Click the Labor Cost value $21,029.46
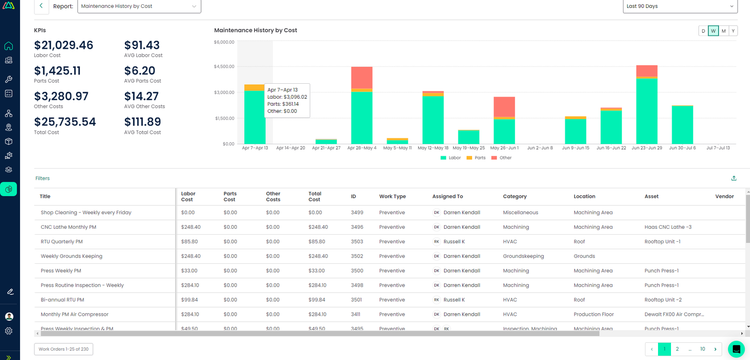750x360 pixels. [64, 45]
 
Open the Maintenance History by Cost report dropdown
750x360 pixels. [139, 6]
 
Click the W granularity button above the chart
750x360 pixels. [713, 31]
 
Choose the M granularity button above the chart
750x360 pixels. [723, 31]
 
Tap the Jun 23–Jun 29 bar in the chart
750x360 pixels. [647, 110]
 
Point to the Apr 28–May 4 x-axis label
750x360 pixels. [362, 148]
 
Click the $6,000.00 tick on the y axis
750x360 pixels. [224, 42]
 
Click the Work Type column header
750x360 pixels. [392, 196]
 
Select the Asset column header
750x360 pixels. [652, 196]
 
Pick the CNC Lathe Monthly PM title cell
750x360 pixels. [69, 227]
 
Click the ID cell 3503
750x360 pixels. [357, 241]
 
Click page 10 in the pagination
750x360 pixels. [702, 349]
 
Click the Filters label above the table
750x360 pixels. [42, 178]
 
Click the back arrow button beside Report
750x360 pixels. [41, 6]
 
